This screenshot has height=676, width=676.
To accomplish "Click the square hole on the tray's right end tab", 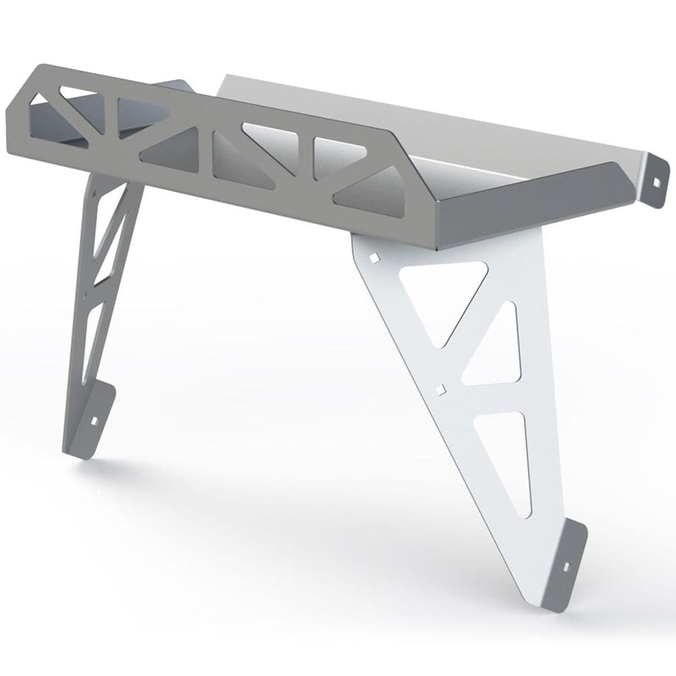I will tap(655, 180).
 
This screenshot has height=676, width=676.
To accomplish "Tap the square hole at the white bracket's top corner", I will tap(372, 258).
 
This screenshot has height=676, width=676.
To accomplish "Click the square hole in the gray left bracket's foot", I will tap(95, 420).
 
